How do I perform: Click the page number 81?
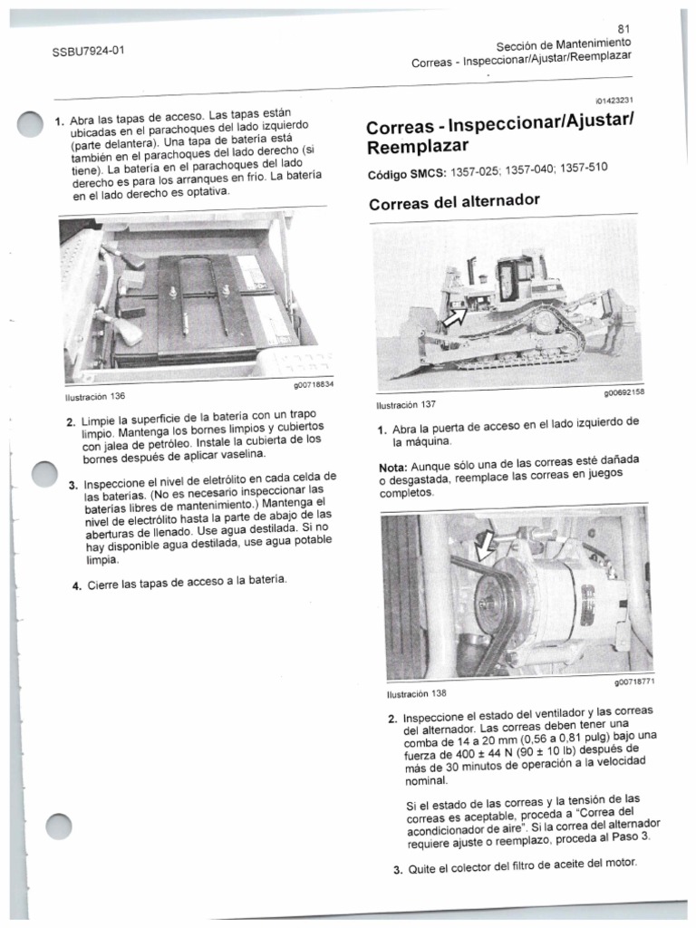(623, 28)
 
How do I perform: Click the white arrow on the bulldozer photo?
(455, 316)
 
